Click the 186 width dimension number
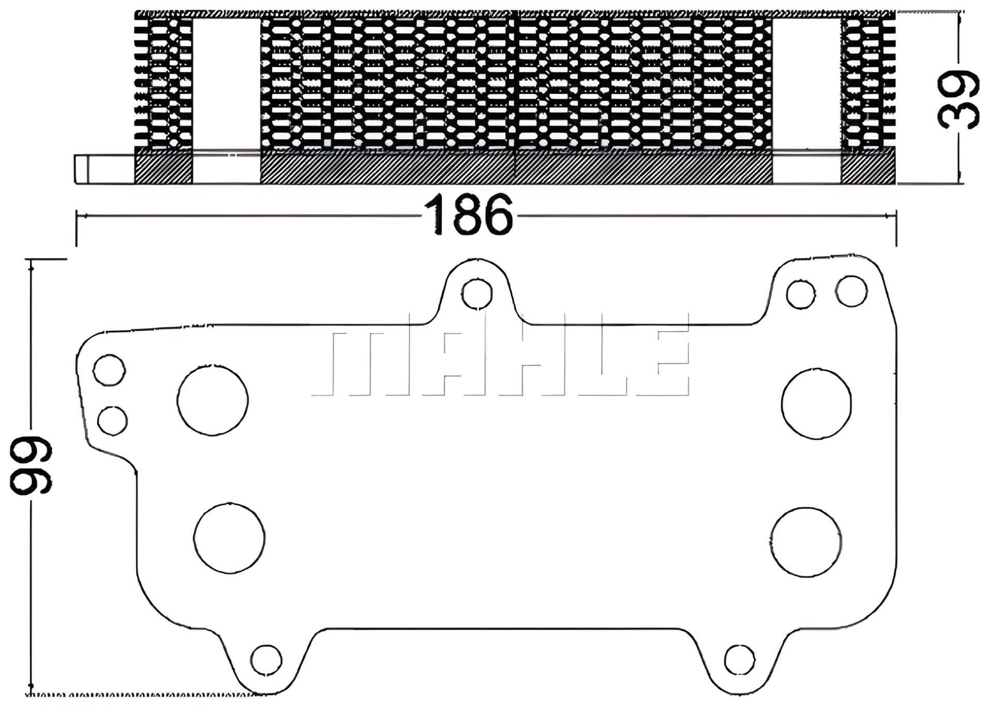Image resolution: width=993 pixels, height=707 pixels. click(x=469, y=215)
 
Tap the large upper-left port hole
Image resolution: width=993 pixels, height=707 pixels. click(x=213, y=400)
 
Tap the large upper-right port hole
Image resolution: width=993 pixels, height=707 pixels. click(x=816, y=404)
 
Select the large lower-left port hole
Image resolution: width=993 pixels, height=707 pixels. click(x=229, y=537)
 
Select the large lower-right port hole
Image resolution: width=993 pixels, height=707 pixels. click(x=805, y=542)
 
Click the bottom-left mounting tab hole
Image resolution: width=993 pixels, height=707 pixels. click(x=266, y=660)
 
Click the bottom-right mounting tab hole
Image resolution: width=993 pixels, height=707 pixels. click(x=740, y=660)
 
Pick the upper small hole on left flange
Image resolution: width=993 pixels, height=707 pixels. click(x=109, y=370)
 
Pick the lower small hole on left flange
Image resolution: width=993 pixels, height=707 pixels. click(x=112, y=420)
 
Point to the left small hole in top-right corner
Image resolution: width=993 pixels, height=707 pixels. click(x=801, y=294)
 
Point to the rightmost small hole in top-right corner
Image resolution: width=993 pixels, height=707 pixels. click(x=851, y=291)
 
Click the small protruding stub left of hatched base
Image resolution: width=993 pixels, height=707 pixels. click(x=82, y=169)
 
